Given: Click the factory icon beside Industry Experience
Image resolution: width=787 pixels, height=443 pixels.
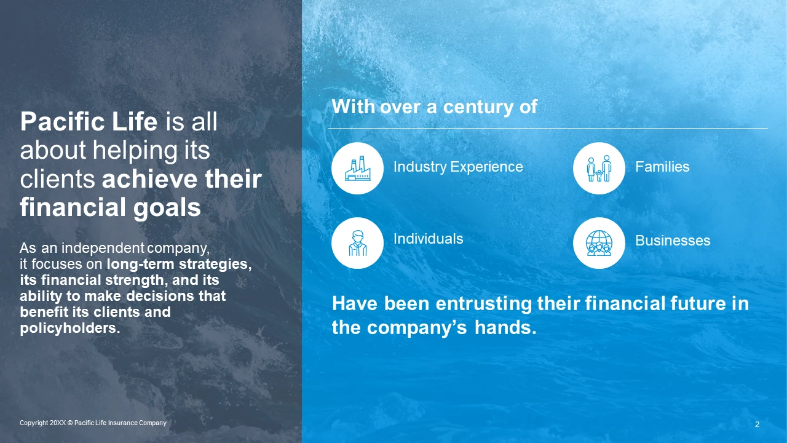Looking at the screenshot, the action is click(x=357, y=168).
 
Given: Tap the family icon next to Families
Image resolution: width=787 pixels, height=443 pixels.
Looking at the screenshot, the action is click(x=599, y=168).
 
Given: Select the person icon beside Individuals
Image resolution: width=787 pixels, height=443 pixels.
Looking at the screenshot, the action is click(x=357, y=243).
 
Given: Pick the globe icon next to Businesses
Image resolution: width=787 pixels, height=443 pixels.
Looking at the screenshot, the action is click(x=599, y=243).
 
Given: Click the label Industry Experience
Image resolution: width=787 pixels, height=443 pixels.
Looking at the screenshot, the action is click(x=458, y=167).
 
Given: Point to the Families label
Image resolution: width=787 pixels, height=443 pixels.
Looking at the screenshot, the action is click(x=662, y=167).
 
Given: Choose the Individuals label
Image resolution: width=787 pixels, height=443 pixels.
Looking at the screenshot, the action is click(x=429, y=239).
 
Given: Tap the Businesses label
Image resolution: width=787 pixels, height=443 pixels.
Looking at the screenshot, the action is click(x=673, y=241).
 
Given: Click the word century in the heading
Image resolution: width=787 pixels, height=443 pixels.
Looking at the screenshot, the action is click(x=478, y=107).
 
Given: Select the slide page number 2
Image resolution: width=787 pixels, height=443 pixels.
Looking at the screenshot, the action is click(x=757, y=425).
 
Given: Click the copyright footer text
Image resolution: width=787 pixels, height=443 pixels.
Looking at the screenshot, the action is click(x=93, y=423).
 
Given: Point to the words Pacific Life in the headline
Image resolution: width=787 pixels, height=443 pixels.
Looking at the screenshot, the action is click(x=89, y=122).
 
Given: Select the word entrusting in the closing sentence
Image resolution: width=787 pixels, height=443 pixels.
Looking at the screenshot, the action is click(x=484, y=304).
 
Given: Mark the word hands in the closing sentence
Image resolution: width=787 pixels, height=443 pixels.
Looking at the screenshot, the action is click(x=505, y=328).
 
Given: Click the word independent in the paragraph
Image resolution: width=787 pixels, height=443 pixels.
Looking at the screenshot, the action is click(x=103, y=248).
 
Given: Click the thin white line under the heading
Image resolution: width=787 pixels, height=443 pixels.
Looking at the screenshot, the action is click(x=548, y=129).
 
